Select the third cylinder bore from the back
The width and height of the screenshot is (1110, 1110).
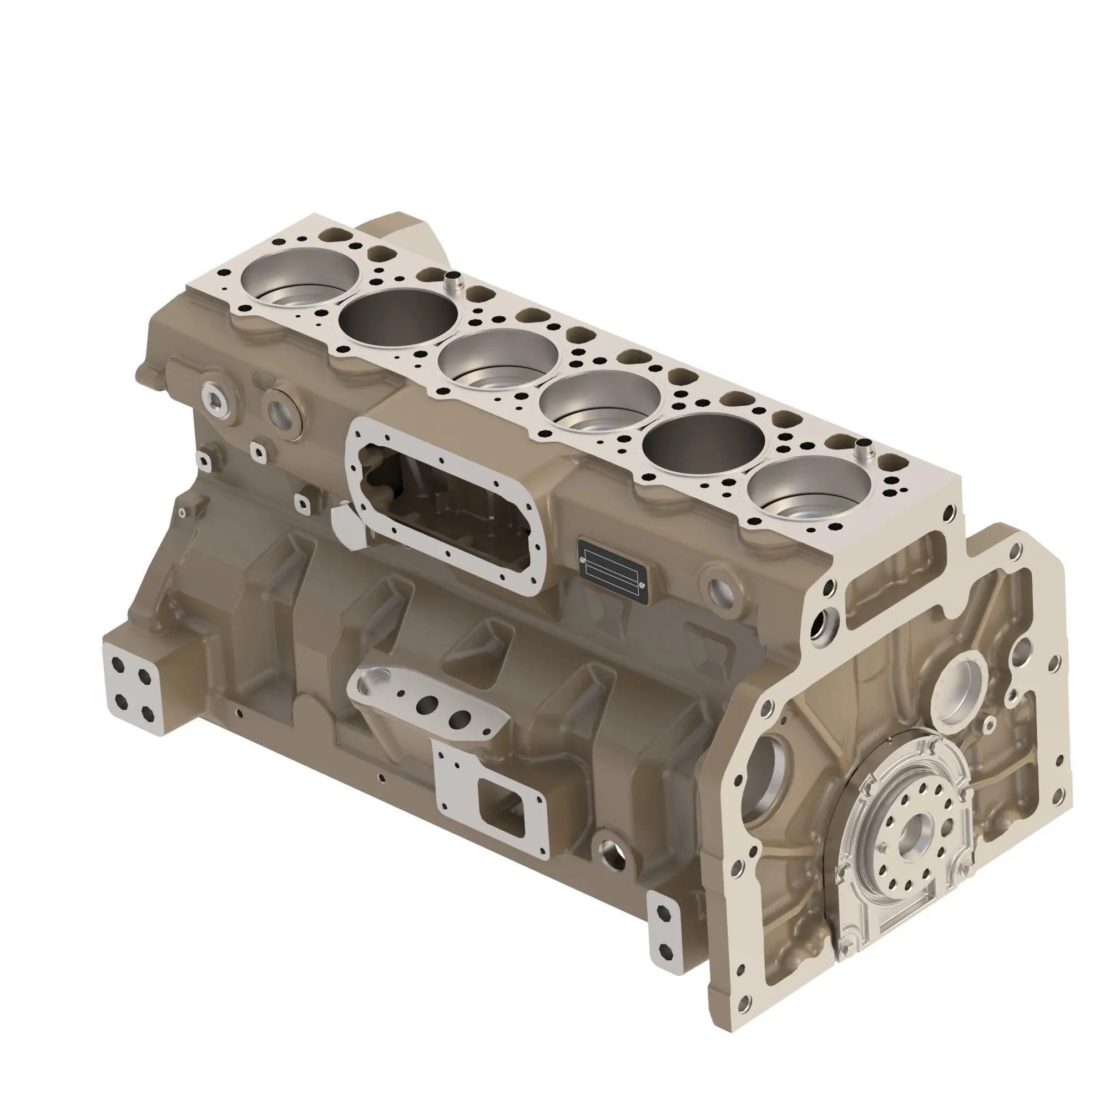[x=497, y=360]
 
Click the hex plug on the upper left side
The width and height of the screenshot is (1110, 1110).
[x=215, y=397]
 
